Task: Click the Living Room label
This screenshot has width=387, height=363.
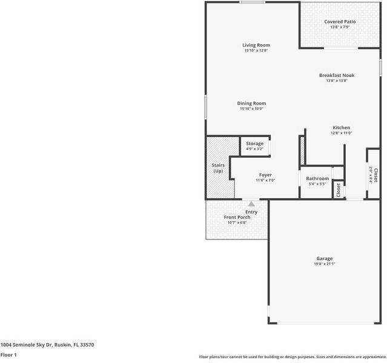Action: (x=256, y=45)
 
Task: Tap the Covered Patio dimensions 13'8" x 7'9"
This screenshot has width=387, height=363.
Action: (x=340, y=27)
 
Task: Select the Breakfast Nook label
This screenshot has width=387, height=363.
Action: (x=337, y=75)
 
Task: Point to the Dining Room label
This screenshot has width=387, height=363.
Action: (x=251, y=104)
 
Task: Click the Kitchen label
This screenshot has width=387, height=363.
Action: (x=342, y=128)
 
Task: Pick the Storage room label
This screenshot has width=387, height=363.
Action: (x=255, y=144)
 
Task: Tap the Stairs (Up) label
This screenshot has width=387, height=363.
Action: (x=218, y=168)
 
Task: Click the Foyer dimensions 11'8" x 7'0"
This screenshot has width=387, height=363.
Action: (x=265, y=180)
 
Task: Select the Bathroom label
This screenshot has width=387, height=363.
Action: (x=317, y=178)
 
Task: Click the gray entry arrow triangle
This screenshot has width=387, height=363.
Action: (x=251, y=204)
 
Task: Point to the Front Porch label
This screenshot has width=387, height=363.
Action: (x=237, y=218)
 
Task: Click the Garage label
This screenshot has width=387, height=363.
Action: (x=325, y=259)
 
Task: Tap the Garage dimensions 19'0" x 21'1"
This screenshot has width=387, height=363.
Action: (x=325, y=264)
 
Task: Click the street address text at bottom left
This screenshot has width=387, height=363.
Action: (x=47, y=345)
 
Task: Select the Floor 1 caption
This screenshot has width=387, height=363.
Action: (x=8, y=355)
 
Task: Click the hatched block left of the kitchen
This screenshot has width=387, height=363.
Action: (x=302, y=150)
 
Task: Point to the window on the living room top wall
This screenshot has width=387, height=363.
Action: (x=252, y=2)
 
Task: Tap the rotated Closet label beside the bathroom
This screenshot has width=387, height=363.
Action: (x=339, y=190)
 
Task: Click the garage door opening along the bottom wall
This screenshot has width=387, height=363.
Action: (x=326, y=323)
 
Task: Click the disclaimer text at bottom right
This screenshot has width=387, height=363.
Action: (x=293, y=357)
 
